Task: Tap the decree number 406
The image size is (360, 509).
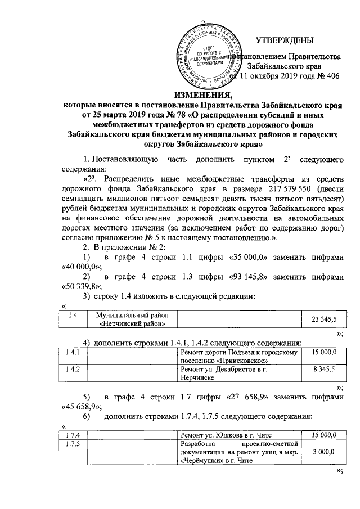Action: click(332, 78)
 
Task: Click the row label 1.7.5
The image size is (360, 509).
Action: click(73, 444)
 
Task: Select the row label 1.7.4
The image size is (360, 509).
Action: click(73, 434)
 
